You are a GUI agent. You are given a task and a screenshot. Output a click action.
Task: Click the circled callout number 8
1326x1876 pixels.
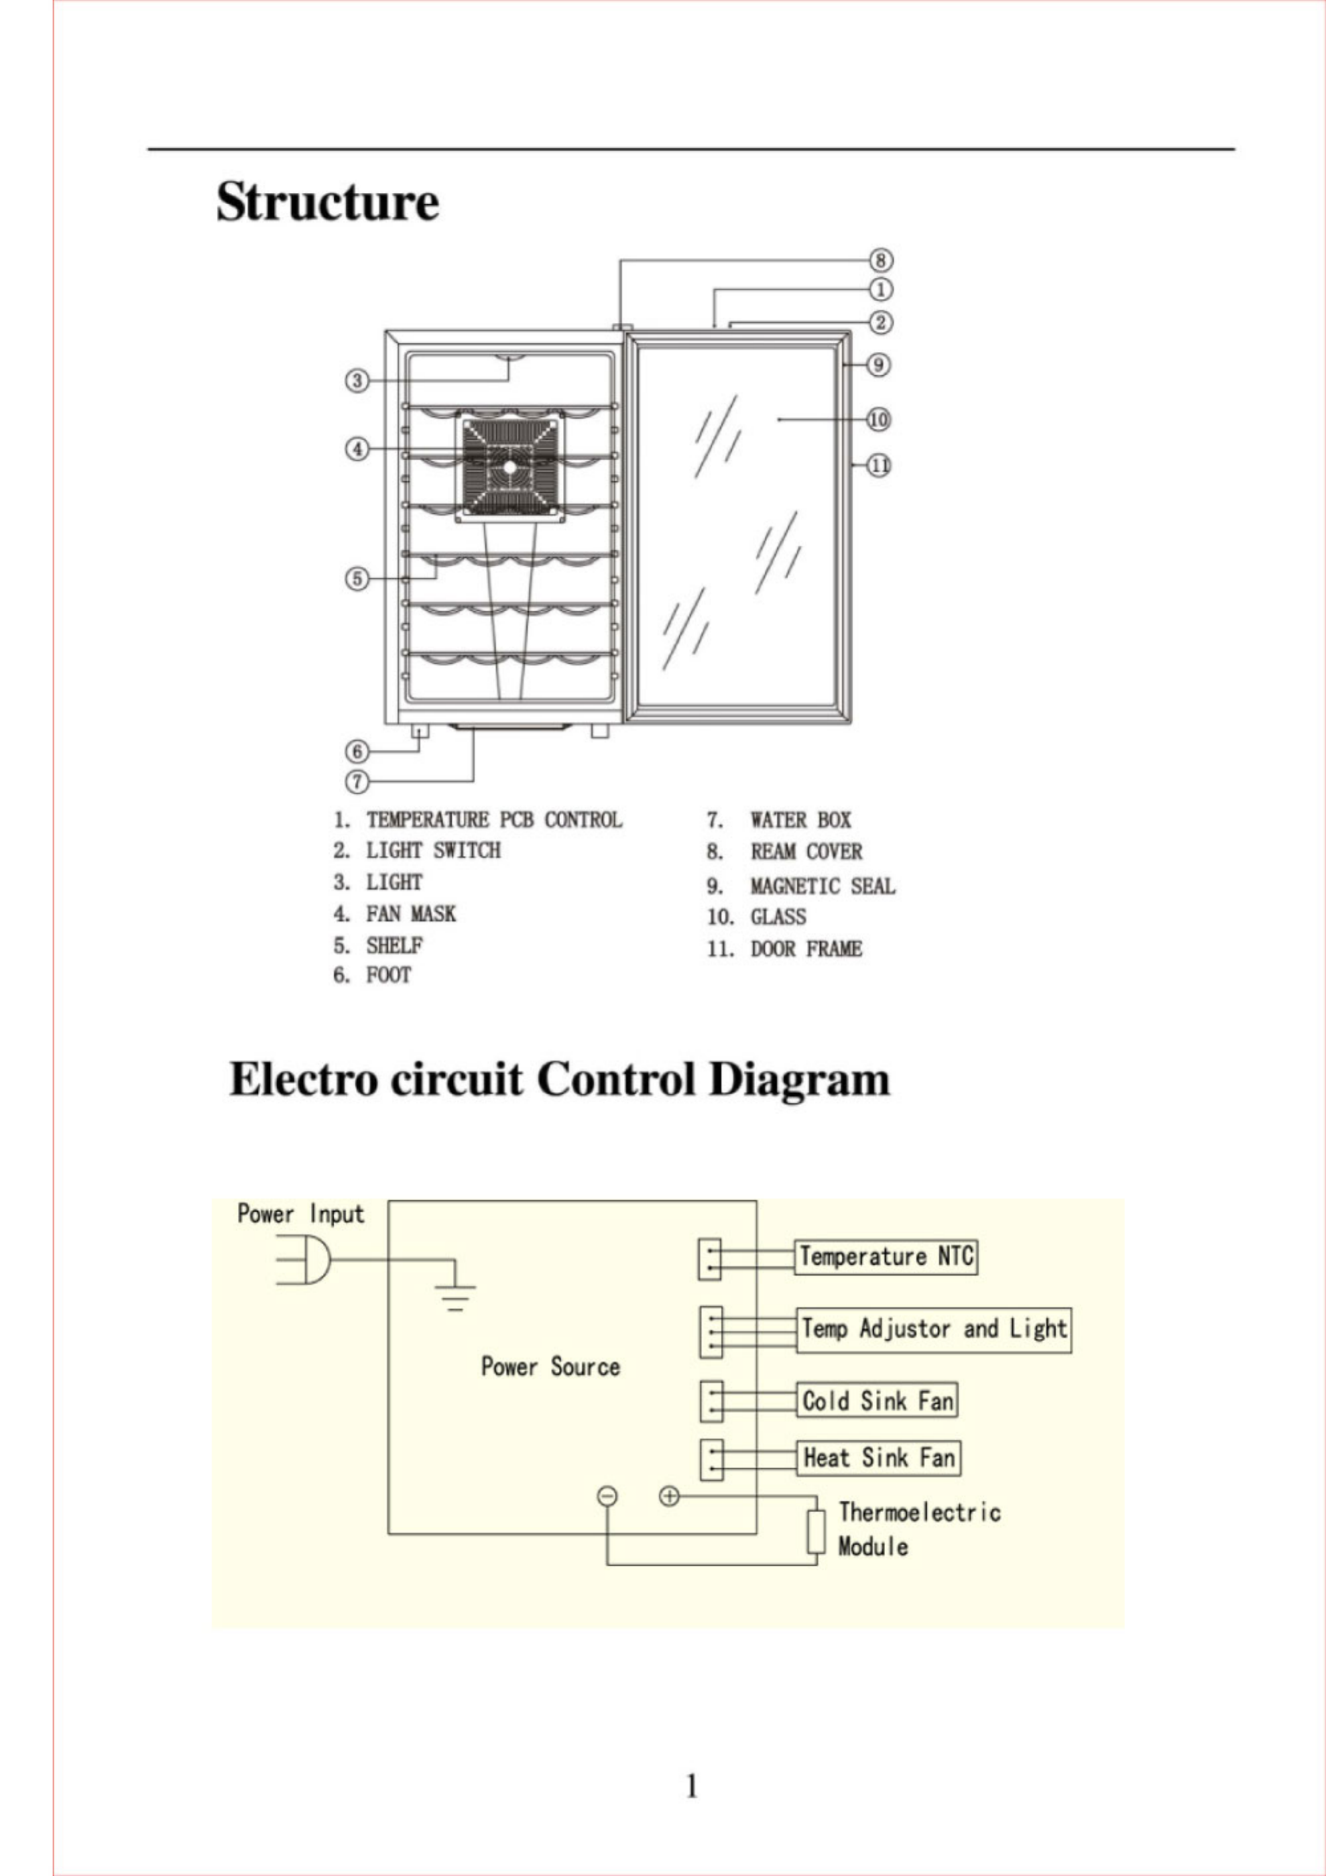(x=880, y=261)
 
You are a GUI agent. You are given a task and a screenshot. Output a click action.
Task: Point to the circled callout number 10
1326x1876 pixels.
(x=878, y=420)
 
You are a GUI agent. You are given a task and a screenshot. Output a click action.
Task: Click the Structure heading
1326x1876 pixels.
(x=327, y=201)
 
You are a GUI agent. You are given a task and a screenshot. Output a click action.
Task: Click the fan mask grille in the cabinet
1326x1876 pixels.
(x=510, y=467)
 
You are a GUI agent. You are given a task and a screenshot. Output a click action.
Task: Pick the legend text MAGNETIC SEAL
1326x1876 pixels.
(x=822, y=886)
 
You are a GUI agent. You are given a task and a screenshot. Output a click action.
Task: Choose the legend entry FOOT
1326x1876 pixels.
(x=388, y=974)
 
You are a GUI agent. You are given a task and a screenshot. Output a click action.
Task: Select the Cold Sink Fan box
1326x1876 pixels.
(x=876, y=1401)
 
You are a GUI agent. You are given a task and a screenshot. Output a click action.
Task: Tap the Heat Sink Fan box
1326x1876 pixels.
(x=878, y=1458)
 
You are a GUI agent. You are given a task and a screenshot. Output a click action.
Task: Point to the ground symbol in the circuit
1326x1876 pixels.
(x=455, y=1294)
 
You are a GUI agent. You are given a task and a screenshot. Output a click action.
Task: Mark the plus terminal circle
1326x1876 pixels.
(x=669, y=1496)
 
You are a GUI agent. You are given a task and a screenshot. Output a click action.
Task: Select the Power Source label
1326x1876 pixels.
(x=550, y=1367)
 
